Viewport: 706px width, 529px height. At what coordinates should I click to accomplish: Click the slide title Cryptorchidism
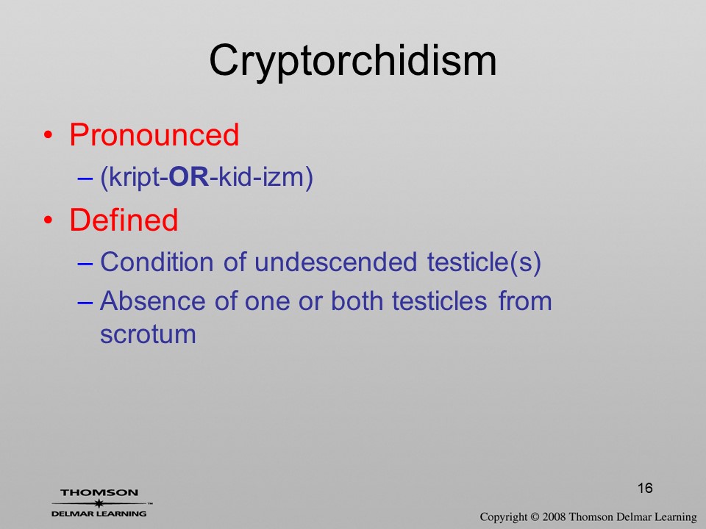point(352,61)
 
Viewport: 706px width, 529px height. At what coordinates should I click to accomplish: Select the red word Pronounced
point(154,134)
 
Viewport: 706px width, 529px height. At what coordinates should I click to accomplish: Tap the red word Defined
point(124,220)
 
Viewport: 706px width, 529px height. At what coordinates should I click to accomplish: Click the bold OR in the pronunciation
point(189,177)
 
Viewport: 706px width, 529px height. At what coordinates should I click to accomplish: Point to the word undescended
point(335,262)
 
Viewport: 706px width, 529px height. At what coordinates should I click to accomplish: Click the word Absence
point(153,301)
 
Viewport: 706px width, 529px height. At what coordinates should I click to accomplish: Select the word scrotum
point(148,335)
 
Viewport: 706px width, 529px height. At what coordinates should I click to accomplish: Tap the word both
point(357,301)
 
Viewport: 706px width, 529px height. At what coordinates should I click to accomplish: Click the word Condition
point(157,262)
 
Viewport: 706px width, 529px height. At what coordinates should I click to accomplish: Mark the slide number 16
point(645,488)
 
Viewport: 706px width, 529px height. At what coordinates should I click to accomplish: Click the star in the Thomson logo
point(99,503)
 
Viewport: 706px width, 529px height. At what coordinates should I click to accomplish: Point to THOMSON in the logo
point(99,492)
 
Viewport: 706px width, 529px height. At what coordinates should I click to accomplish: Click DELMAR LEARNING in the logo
point(99,514)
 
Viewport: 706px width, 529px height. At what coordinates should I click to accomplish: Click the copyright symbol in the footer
point(535,517)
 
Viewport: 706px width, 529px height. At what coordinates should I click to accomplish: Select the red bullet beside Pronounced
point(49,135)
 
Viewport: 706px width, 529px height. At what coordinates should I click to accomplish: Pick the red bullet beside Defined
point(49,220)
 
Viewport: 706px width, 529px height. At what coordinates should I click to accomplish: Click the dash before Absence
point(85,302)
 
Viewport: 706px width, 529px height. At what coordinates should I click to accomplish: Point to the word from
point(525,301)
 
